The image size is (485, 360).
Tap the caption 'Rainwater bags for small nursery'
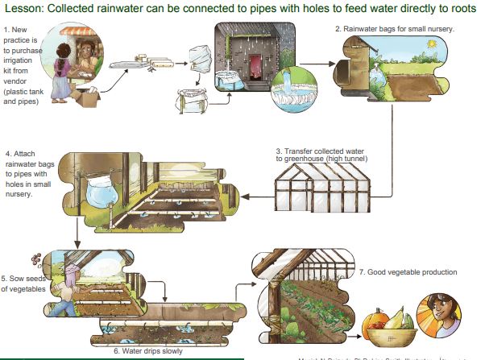tap(395, 29)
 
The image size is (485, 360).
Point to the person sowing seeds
tap(67, 286)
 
